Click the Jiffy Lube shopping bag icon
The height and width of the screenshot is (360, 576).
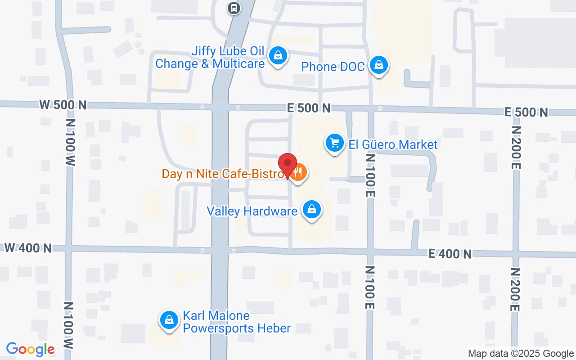pyautogui.click(x=278, y=56)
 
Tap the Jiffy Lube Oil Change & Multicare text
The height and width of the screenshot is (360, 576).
pyautogui.click(x=210, y=57)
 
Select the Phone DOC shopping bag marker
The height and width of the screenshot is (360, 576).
pyautogui.click(x=379, y=65)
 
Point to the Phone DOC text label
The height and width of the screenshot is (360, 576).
pyautogui.click(x=333, y=67)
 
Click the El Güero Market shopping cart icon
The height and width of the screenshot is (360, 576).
pyautogui.click(x=334, y=143)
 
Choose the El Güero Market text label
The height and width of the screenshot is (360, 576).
pyautogui.click(x=393, y=144)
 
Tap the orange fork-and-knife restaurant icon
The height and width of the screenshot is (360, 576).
pyautogui.click(x=298, y=172)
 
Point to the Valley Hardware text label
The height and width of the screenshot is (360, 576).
pyautogui.click(x=252, y=211)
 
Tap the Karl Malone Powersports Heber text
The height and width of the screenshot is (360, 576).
pyautogui.click(x=236, y=322)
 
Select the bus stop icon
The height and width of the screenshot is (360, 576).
pyautogui.click(x=234, y=8)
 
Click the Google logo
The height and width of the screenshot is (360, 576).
pyautogui.click(x=30, y=349)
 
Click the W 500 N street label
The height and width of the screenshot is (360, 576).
pyautogui.click(x=63, y=105)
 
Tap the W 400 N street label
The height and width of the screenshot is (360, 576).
pyautogui.click(x=28, y=247)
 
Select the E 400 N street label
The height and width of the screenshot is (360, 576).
pyautogui.click(x=450, y=254)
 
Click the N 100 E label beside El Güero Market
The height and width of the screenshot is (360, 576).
pyautogui.click(x=370, y=175)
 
